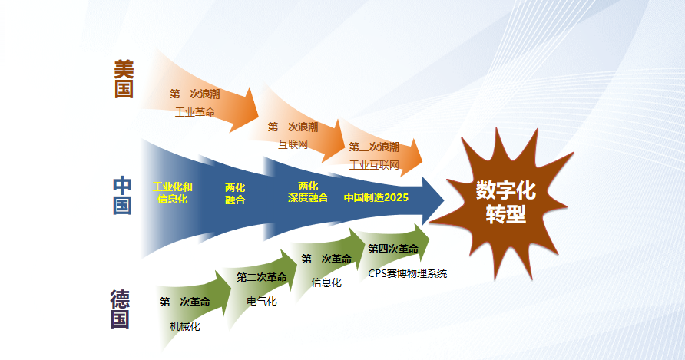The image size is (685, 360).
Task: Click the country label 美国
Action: tap(124, 80)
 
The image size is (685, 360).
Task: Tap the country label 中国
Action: tap(123, 196)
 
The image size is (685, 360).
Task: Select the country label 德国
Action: tap(120, 309)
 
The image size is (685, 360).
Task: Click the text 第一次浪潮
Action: tap(195, 94)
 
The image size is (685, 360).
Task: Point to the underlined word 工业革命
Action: tap(195, 112)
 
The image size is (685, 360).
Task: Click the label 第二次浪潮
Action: tap(293, 127)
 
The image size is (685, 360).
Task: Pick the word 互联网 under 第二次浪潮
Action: tap(293, 144)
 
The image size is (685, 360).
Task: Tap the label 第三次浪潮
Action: tap(374, 147)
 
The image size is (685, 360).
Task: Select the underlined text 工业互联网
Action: tap(374, 165)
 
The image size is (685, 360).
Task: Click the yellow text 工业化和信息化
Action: tap(173, 193)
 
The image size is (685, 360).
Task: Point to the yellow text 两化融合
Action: tap(235, 193)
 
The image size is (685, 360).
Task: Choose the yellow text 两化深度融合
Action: tap(308, 192)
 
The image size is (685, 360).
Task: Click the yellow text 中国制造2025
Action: tap(376, 197)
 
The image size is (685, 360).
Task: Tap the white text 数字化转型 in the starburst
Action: tap(505, 202)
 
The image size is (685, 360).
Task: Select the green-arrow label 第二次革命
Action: tap(262, 277)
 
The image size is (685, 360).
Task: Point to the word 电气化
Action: tap(262, 301)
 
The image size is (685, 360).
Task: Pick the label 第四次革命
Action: tap(393, 249)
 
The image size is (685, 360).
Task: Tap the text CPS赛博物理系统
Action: tap(407, 273)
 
